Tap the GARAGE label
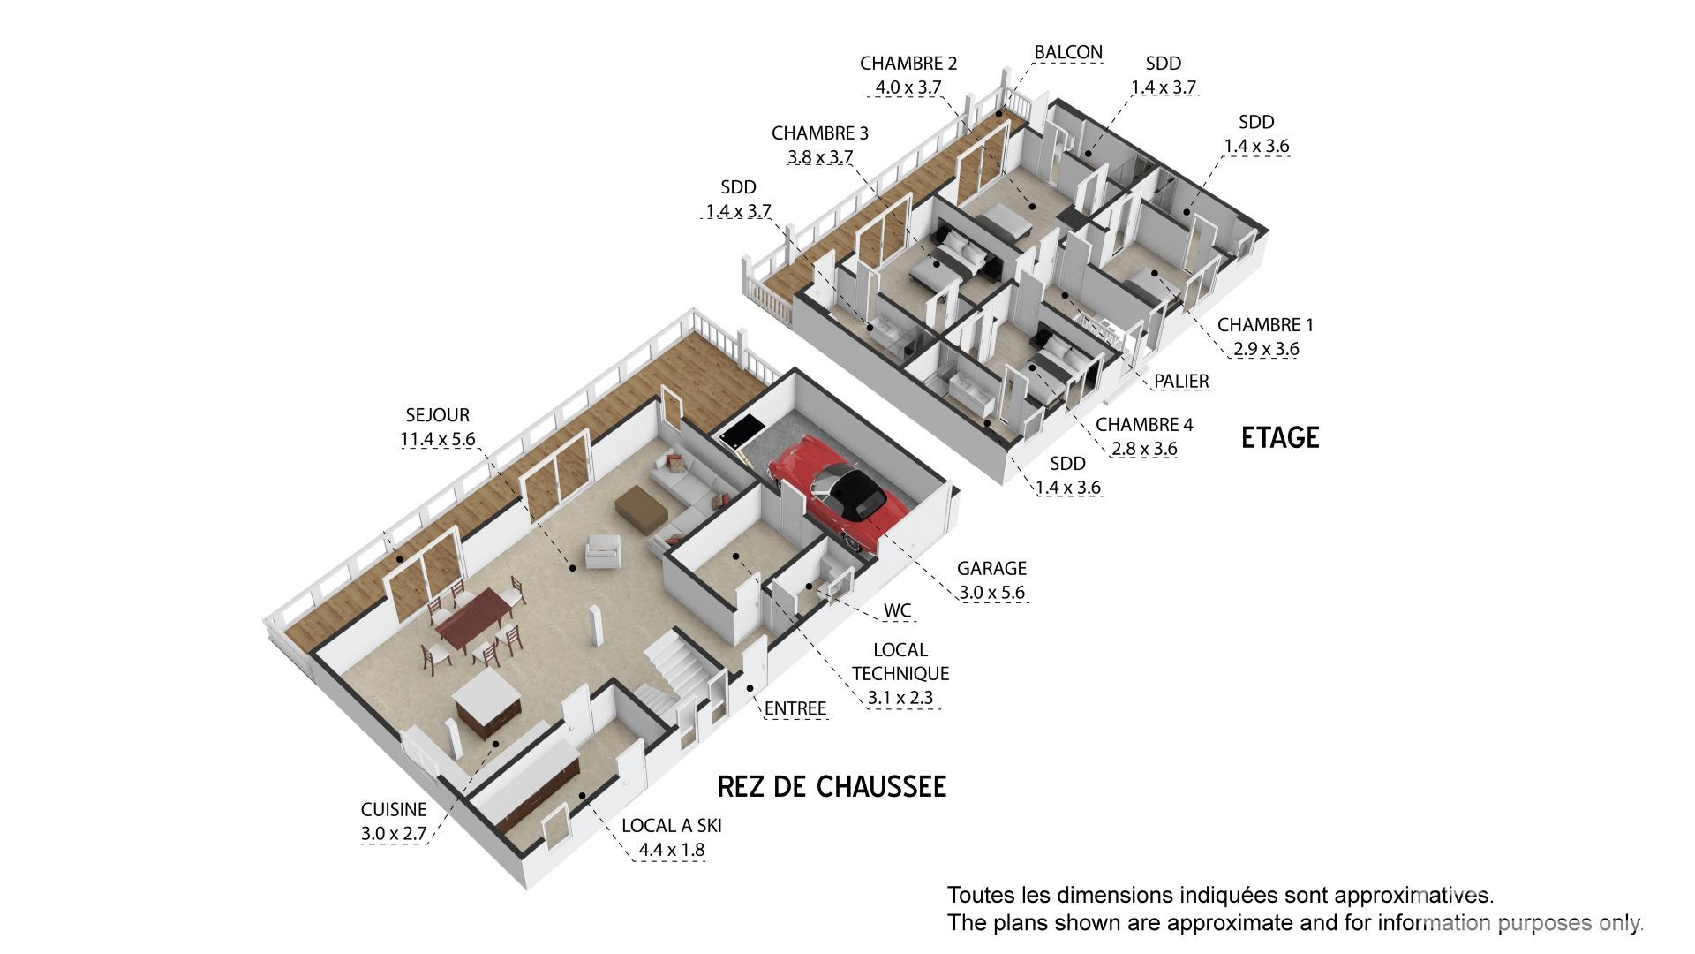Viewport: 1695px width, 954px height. pyautogui.click(x=991, y=568)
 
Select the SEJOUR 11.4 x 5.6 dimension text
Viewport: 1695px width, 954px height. pyautogui.click(x=438, y=439)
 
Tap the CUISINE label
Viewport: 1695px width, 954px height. pyautogui.click(x=394, y=809)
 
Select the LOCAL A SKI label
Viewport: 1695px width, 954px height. pyautogui.click(x=671, y=826)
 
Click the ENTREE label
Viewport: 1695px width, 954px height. pyautogui.click(x=795, y=708)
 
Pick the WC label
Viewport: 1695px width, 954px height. pyautogui.click(x=897, y=611)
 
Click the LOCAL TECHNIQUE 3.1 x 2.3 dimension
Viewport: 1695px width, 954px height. pyautogui.click(x=900, y=698)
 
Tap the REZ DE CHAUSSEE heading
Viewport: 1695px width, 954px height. pyautogui.click(x=832, y=786)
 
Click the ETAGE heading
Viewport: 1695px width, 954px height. pyautogui.click(x=1279, y=437)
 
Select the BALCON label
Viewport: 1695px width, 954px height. pyautogui.click(x=1068, y=52)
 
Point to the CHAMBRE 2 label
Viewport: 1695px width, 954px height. pyautogui.click(x=908, y=64)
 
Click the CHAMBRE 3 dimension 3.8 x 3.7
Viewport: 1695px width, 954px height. pyautogui.click(x=819, y=157)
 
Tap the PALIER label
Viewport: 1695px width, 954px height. pyautogui.click(x=1181, y=381)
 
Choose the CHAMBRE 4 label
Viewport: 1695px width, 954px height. pyautogui.click(x=1144, y=425)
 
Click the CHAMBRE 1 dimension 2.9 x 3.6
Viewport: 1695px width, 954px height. pyautogui.click(x=1266, y=349)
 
